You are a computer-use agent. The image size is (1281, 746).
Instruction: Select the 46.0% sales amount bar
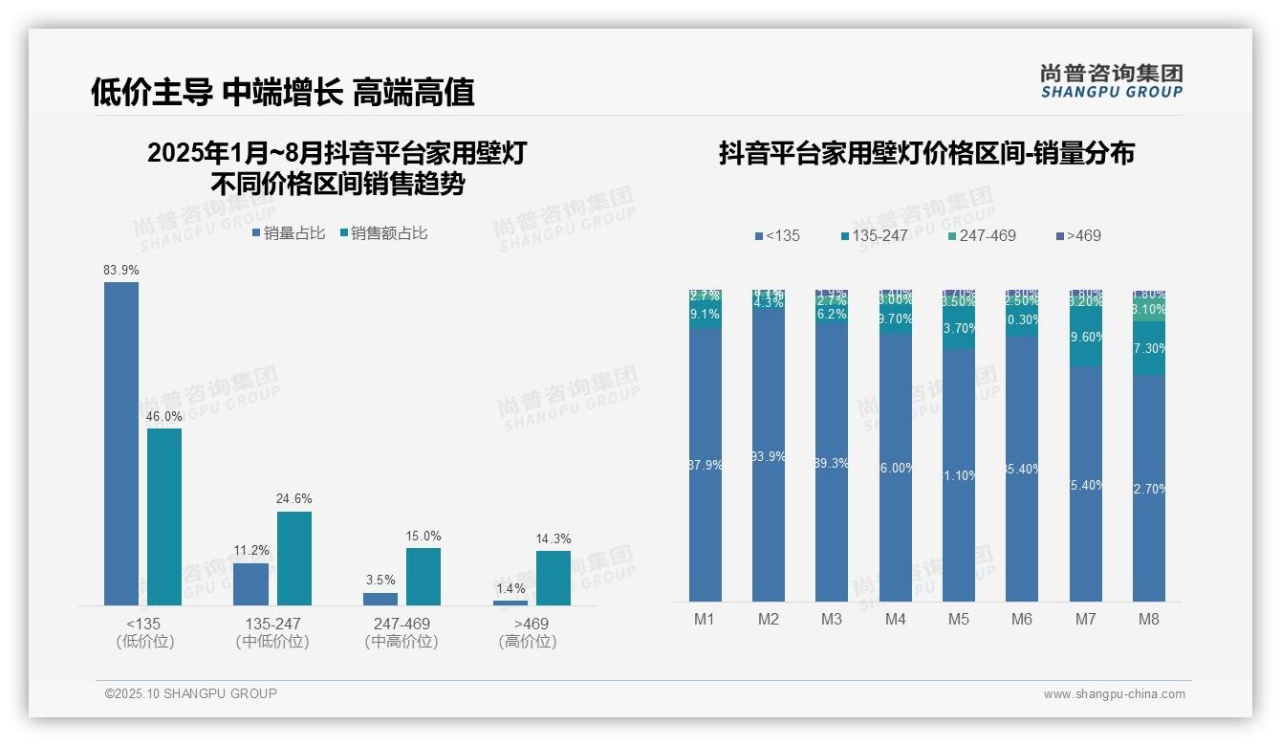pyautogui.click(x=164, y=516)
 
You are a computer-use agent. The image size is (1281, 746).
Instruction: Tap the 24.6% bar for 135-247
pyautogui.click(x=294, y=559)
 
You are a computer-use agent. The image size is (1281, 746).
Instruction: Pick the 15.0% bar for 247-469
pyautogui.click(x=423, y=576)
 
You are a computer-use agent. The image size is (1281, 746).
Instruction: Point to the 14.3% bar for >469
pyautogui.click(x=553, y=578)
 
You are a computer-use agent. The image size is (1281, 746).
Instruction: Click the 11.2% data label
pyautogui.click(x=251, y=551)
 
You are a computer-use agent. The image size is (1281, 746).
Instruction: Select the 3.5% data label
pyautogui.click(x=380, y=581)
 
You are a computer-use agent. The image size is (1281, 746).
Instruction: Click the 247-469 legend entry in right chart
pyautogui.click(x=982, y=235)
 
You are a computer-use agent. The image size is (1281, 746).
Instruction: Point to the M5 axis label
pyautogui.click(x=959, y=620)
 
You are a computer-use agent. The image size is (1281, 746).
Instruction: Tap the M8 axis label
pyautogui.click(x=1149, y=620)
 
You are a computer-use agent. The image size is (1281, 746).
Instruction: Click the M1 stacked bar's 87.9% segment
pyautogui.click(x=706, y=465)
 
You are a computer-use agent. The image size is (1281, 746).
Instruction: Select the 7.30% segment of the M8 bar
pyautogui.click(x=1149, y=348)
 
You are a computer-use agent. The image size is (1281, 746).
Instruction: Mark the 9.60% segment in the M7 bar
pyautogui.click(x=1086, y=337)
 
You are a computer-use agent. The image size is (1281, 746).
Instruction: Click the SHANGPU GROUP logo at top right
pyautogui.click(x=1112, y=81)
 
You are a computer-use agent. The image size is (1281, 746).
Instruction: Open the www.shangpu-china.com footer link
pyautogui.click(x=1114, y=694)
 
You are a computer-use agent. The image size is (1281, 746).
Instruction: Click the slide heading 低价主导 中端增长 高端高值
pyautogui.click(x=283, y=92)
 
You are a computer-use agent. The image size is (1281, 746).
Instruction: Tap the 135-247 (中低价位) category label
pyautogui.click(x=272, y=632)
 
